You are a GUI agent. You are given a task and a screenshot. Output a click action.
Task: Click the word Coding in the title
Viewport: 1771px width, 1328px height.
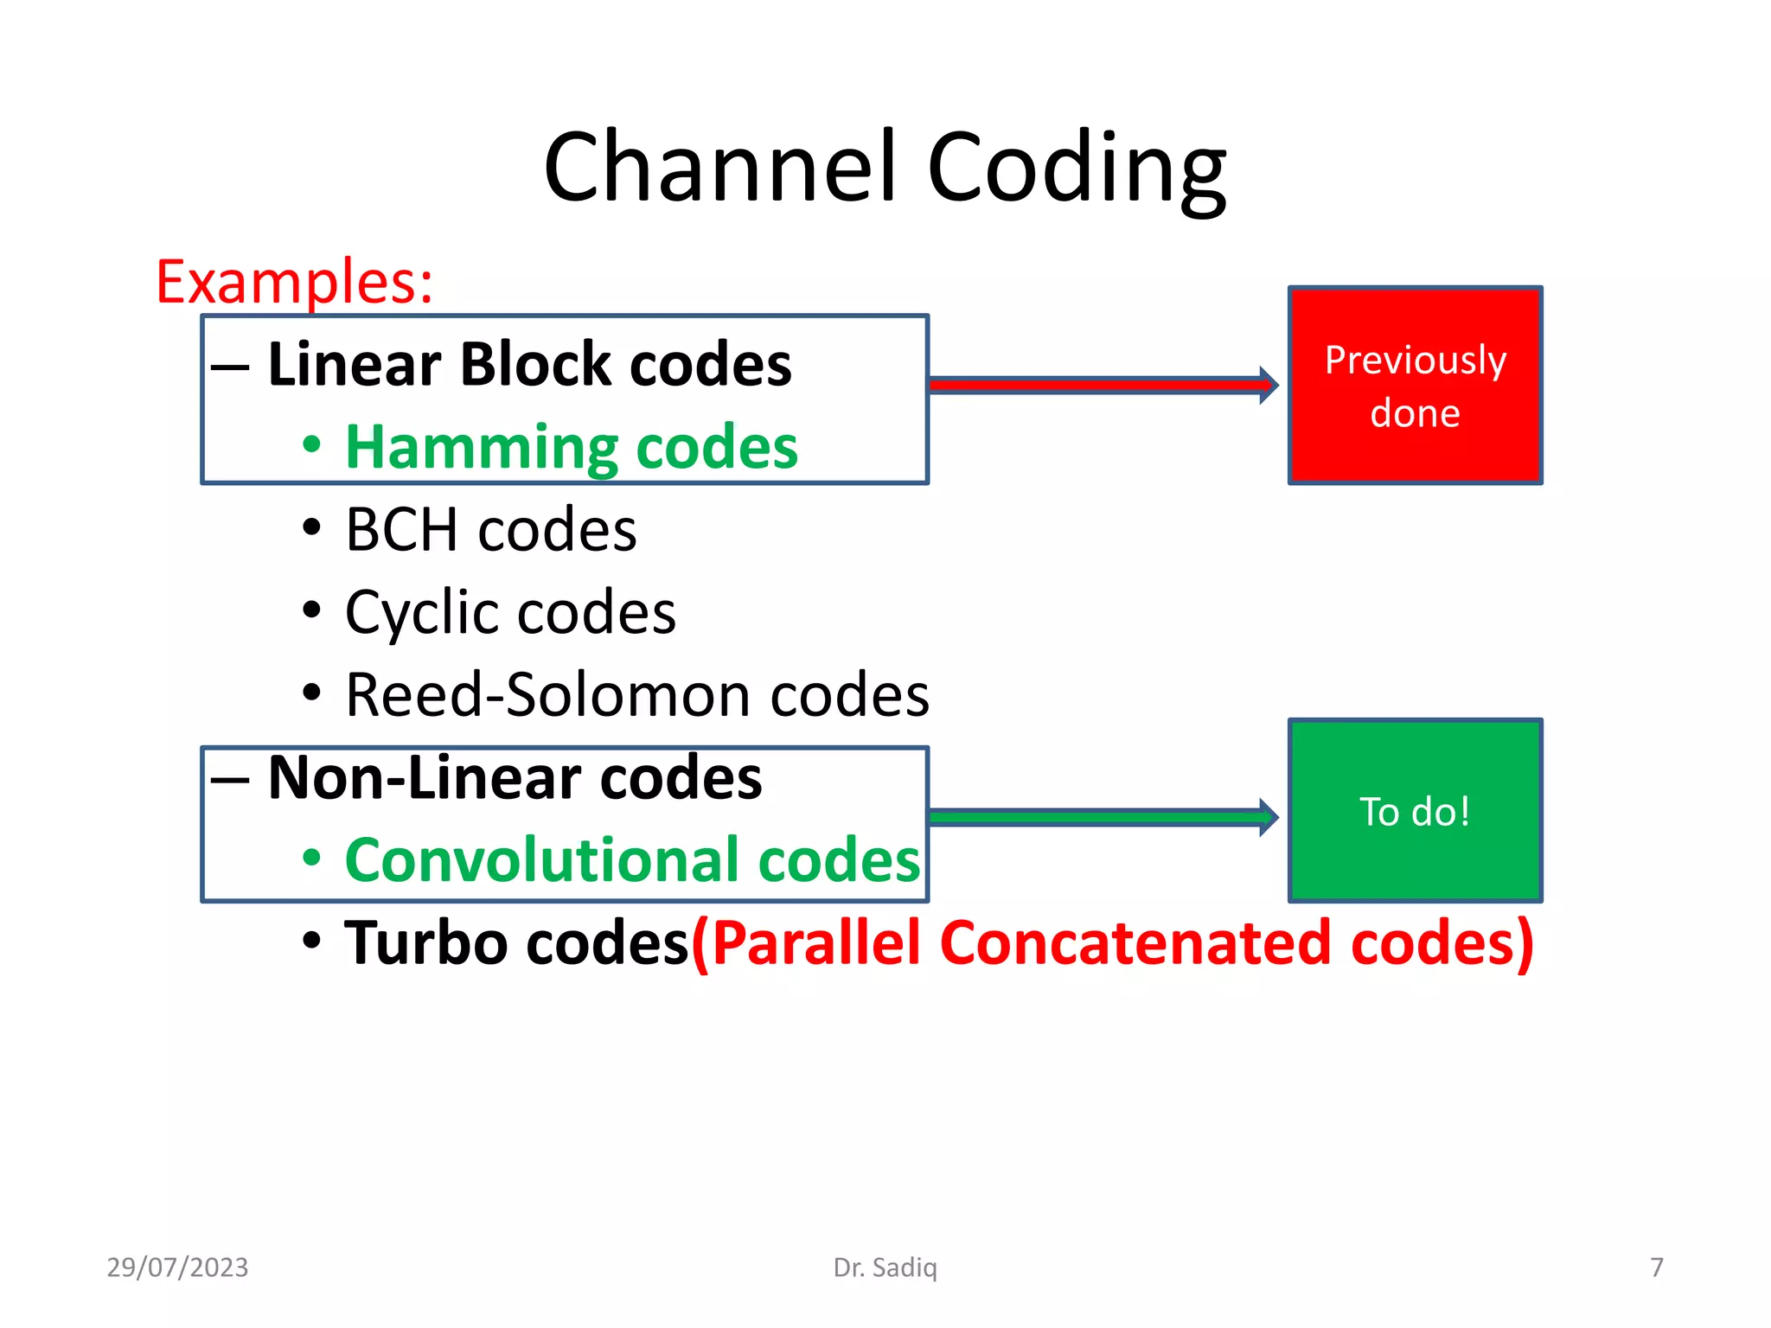click(x=1077, y=169)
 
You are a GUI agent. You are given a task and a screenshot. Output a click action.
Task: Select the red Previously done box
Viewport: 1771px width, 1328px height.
click(x=1415, y=386)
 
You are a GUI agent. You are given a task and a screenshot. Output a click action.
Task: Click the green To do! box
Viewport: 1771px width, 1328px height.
click(x=1415, y=811)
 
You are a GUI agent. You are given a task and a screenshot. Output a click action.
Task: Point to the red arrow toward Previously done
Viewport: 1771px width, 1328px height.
click(x=1098, y=385)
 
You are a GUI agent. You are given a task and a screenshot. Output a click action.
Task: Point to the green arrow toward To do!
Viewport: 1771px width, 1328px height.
click(x=1098, y=817)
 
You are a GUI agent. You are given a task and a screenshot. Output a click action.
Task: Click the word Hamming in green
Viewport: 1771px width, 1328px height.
click(x=481, y=448)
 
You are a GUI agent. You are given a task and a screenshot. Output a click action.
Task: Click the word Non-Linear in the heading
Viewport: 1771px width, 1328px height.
click(x=424, y=778)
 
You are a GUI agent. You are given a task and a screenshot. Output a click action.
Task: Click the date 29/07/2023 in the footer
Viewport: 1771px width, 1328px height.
click(x=177, y=1267)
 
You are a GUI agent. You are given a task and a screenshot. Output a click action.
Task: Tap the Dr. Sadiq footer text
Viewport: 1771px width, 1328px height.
click(x=885, y=1267)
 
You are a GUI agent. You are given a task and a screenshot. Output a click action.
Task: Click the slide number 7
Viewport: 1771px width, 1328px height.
click(x=1657, y=1267)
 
